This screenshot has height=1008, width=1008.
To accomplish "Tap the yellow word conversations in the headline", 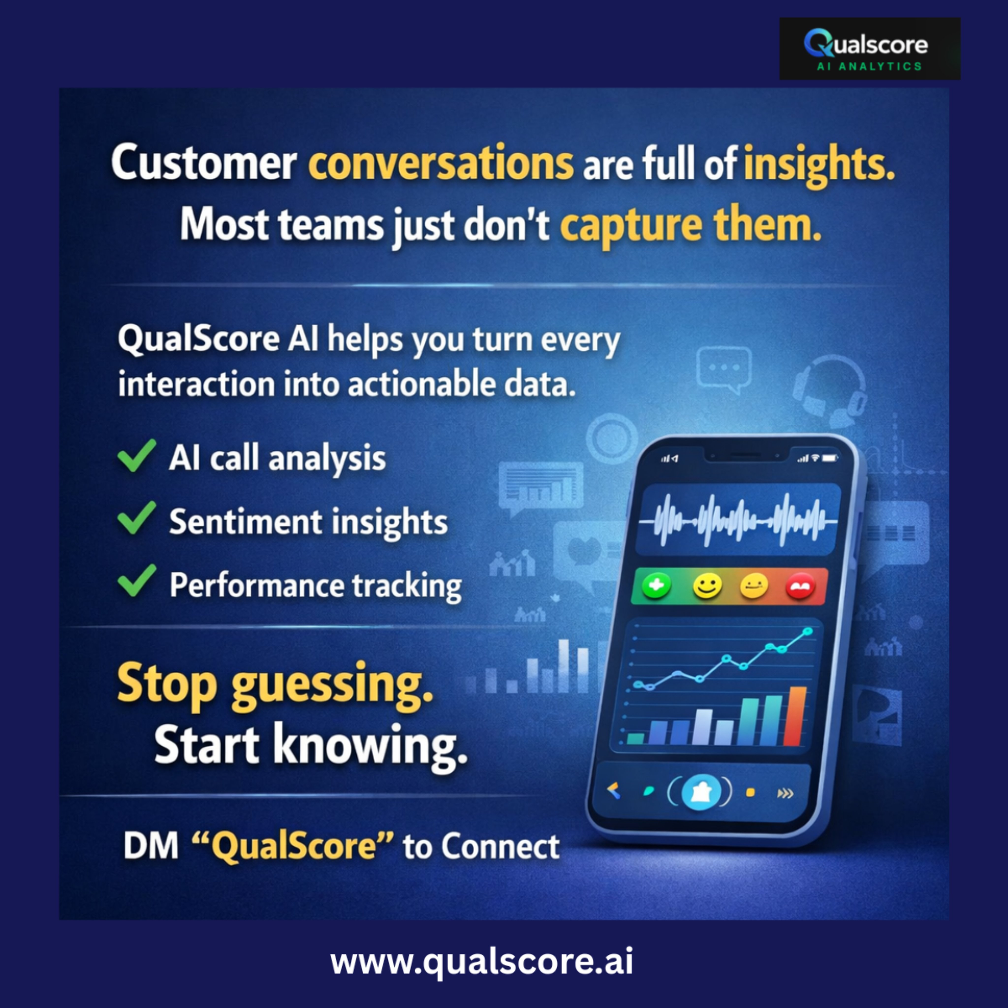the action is click(x=441, y=163).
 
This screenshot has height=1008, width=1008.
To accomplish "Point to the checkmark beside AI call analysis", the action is click(x=137, y=456).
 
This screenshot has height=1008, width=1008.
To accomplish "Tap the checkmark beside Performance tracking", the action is click(x=137, y=581).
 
